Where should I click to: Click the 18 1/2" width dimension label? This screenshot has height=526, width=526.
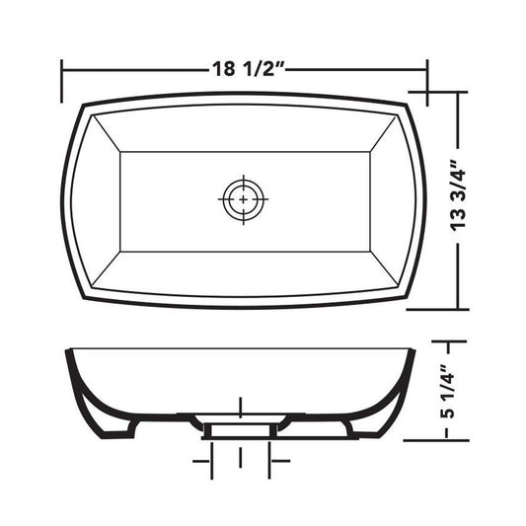(249, 69)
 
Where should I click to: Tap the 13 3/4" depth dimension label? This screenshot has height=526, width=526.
(458, 196)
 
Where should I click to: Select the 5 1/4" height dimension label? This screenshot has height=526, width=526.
(448, 391)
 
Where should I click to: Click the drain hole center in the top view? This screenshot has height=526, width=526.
(243, 199)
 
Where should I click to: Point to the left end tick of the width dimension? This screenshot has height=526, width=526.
(62, 81)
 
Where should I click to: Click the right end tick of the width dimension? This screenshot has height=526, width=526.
(427, 82)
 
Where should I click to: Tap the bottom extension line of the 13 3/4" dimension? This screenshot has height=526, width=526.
(437, 309)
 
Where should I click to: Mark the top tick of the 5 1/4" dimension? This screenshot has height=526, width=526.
(449, 341)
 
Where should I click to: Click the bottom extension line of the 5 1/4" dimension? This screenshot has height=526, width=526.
(436, 440)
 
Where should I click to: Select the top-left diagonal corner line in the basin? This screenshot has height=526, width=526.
(107, 133)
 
